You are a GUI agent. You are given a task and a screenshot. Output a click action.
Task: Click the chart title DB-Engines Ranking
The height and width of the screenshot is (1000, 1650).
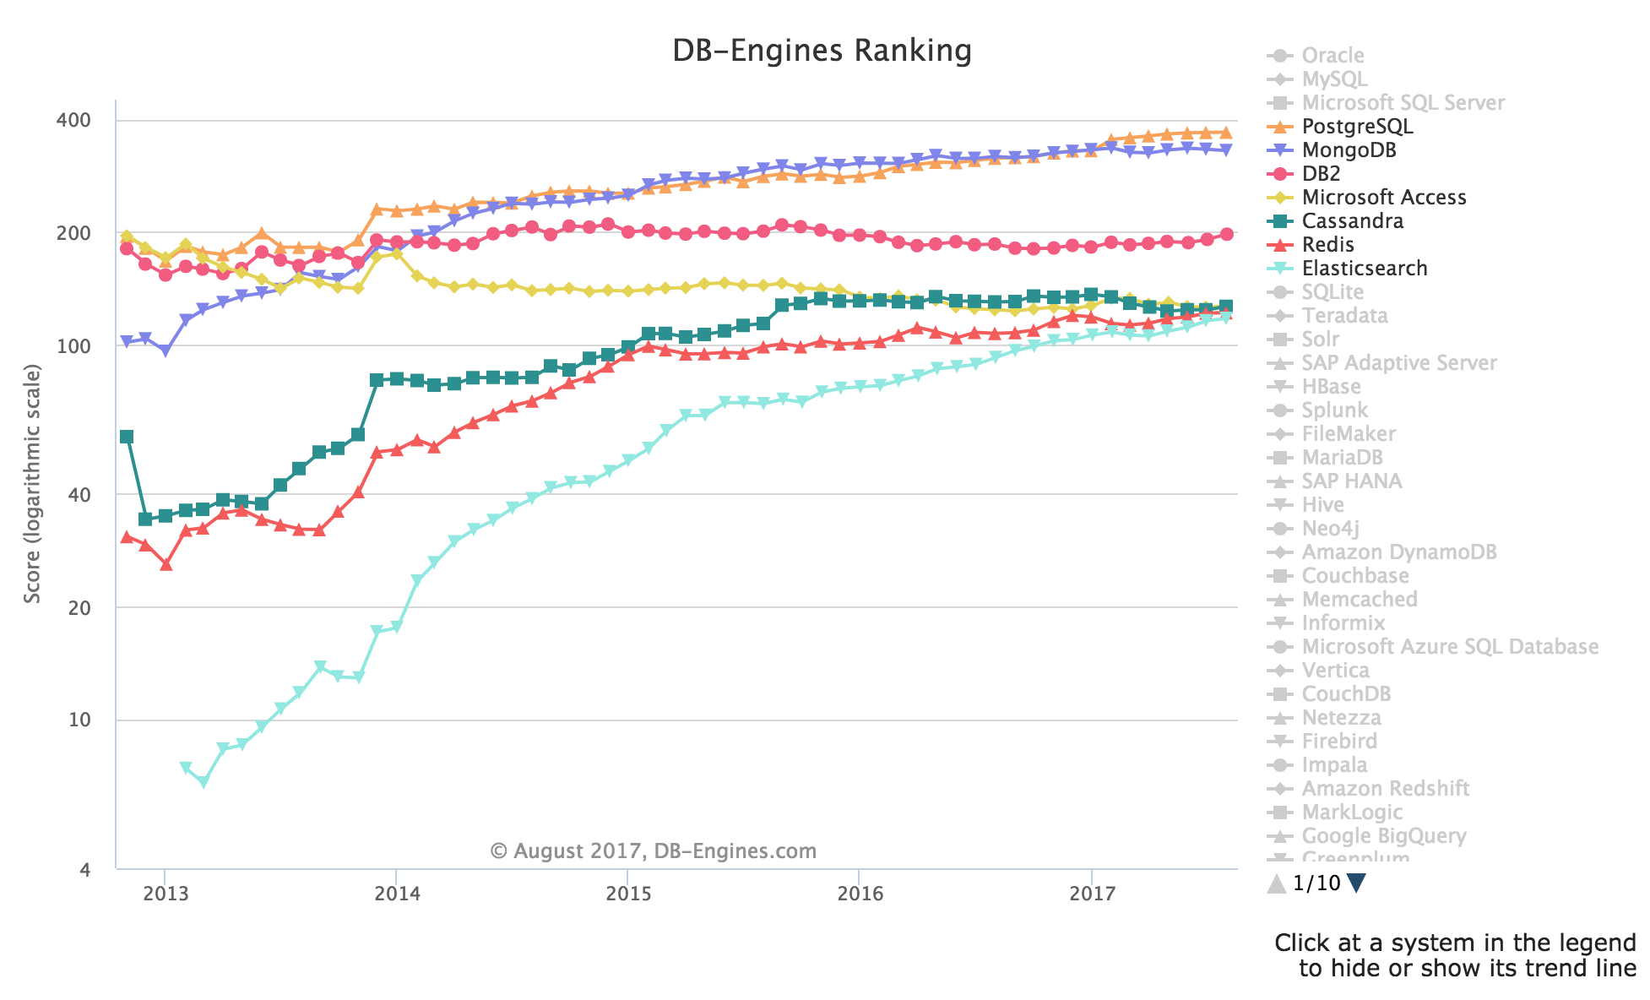click(x=822, y=51)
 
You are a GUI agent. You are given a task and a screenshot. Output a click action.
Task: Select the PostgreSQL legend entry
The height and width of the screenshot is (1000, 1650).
click(x=1356, y=127)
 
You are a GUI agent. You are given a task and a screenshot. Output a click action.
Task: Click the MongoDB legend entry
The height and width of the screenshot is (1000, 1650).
click(x=1349, y=150)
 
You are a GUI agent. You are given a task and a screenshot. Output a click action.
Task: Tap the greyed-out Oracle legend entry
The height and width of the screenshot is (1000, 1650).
click(x=1332, y=56)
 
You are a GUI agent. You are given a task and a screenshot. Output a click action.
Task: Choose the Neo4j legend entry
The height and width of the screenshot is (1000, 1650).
click(x=1330, y=529)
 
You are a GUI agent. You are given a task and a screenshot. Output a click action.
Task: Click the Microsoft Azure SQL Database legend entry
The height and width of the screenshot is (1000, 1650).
click(x=1449, y=647)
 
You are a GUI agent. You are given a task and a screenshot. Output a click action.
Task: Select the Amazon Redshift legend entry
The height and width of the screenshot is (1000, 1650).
click(x=1385, y=789)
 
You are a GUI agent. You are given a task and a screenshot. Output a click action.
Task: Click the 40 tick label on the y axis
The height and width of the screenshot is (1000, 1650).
click(x=79, y=494)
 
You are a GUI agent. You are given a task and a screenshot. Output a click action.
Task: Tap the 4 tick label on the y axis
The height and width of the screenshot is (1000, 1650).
click(x=84, y=869)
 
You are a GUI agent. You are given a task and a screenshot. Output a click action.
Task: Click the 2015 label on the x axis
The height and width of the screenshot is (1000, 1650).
click(x=628, y=893)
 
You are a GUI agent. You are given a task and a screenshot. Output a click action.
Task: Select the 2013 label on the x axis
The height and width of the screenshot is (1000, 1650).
click(x=165, y=893)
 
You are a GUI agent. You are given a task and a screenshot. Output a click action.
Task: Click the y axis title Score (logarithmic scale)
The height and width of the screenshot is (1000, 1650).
click(x=32, y=483)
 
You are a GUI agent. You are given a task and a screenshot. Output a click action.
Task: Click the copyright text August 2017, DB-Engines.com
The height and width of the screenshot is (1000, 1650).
click(x=653, y=851)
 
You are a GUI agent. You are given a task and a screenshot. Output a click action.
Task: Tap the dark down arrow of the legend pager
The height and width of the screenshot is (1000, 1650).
click(x=1357, y=883)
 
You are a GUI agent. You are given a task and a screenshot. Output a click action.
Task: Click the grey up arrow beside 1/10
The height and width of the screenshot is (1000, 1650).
click(x=1277, y=883)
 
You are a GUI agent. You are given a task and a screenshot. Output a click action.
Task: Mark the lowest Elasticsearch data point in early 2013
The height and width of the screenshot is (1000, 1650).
click(x=203, y=782)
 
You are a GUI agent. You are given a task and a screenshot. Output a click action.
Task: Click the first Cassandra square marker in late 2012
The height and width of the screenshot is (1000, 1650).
click(x=127, y=437)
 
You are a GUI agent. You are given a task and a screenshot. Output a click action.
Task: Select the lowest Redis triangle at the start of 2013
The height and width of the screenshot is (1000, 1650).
click(x=166, y=564)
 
